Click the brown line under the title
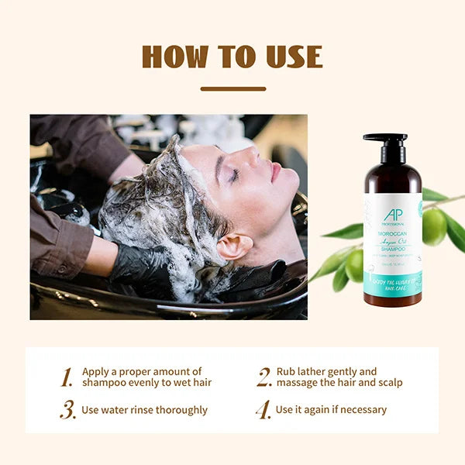(x=232, y=89)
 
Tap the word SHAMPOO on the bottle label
(x=393, y=250)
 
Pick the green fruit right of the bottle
(x=434, y=226)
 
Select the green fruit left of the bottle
(x=354, y=265)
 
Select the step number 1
(x=67, y=377)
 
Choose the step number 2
(x=264, y=377)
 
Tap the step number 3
(x=68, y=410)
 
